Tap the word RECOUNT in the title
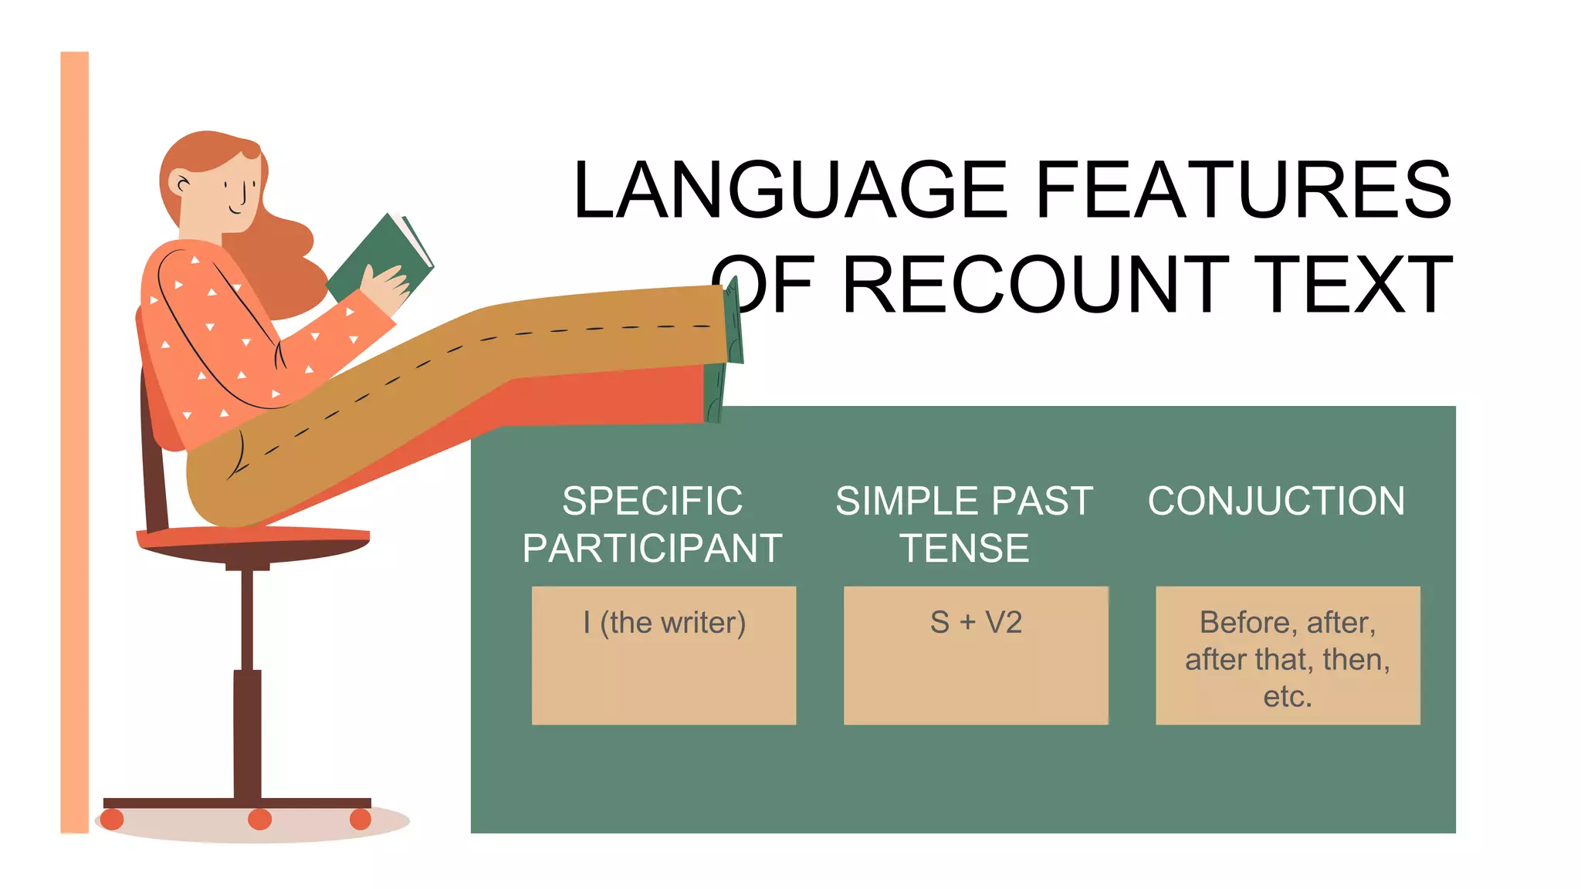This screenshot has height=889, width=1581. point(1034,286)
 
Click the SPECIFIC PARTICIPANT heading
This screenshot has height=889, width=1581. point(652,525)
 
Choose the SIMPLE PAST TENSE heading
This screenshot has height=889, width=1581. point(964,525)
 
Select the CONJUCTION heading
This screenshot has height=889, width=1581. point(1276,501)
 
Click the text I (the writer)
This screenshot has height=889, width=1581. point(664,623)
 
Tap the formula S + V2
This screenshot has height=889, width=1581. point(976,622)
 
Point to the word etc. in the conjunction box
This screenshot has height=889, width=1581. point(1288,697)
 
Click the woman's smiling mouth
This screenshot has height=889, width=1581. point(235,210)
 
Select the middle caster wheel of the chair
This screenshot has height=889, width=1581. point(259,819)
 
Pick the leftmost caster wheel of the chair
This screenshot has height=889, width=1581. point(112,819)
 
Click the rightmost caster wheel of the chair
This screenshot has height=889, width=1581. point(361,819)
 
